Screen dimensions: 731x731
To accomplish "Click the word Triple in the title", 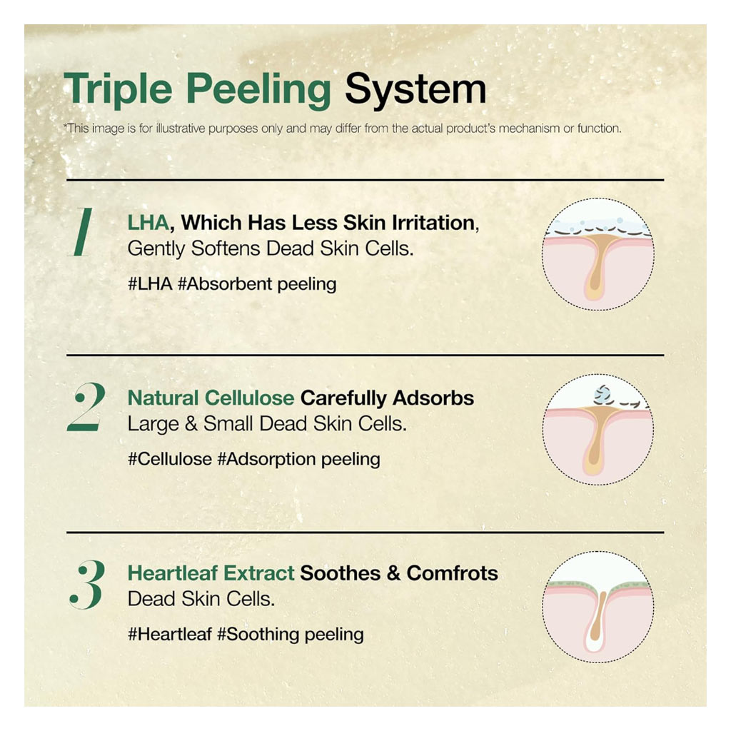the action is [x=118, y=90].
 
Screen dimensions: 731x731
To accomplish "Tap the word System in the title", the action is [x=415, y=90].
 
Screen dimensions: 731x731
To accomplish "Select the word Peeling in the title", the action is [x=258, y=90].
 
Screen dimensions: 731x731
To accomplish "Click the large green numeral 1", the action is [x=81, y=232].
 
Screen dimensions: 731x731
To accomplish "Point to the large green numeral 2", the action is [x=86, y=406].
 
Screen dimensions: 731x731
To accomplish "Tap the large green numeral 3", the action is [x=87, y=584].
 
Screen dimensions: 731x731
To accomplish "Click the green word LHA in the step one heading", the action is [x=148, y=223].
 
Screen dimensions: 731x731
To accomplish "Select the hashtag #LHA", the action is [x=150, y=283].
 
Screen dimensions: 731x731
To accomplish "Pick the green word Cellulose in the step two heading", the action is [x=249, y=398].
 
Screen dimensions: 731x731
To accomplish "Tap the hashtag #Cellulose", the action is [x=170, y=459].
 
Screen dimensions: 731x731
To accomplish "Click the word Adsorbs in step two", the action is [x=433, y=398].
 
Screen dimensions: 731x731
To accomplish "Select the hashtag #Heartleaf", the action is [x=170, y=634].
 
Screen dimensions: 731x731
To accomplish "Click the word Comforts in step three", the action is [x=452, y=573].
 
